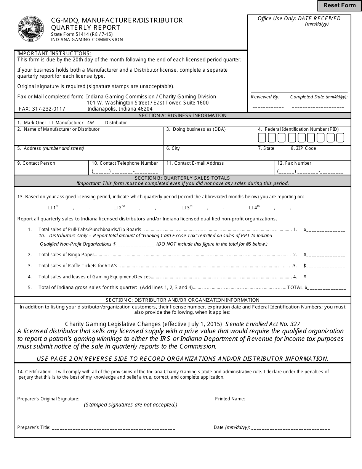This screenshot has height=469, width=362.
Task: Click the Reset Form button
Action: pyautogui.click(x=339, y=5)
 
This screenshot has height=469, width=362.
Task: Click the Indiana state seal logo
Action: pyautogui.click(x=31, y=29)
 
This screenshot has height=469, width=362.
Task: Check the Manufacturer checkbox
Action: pyautogui.click(x=50, y=123)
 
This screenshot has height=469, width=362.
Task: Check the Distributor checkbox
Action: pyautogui.click(x=100, y=123)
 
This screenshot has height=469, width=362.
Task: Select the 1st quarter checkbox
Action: pyautogui.click(x=50, y=208)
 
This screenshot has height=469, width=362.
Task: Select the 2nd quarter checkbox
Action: pyautogui.click(x=115, y=208)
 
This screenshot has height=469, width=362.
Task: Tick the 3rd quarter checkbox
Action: pyautogui.click(x=183, y=208)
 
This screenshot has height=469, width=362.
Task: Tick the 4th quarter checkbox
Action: pyautogui.click(x=251, y=208)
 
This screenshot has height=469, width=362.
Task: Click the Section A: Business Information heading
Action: pyautogui.click(x=183, y=116)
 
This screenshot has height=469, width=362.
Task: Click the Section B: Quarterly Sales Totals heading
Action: pyautogui.click(x=183, y=178)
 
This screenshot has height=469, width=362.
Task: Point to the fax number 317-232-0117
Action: pyautogui.click(x=42, y=109)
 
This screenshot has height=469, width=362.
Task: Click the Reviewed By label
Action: pyautogui.click(x=265, y=97)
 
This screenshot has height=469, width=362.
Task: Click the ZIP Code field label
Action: pyautogui.click(x=303, y=148)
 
